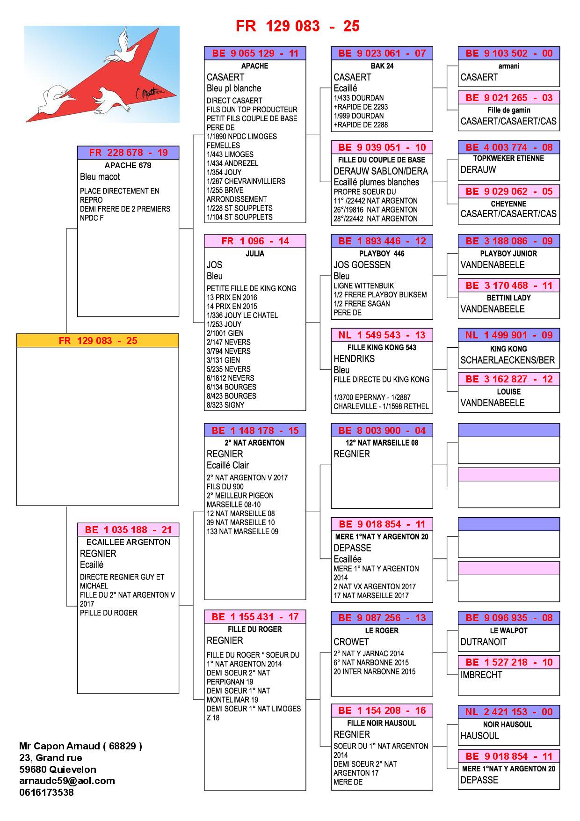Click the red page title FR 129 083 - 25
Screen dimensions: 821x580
[297, 26]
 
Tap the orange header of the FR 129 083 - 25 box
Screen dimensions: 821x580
[98, 341]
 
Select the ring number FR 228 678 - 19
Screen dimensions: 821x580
[128, 153]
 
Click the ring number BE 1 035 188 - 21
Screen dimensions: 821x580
[128, 530]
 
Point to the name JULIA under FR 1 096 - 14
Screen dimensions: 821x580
[255, 254]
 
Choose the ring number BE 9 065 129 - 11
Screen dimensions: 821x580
[255, 53]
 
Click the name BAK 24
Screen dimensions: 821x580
[382, 66]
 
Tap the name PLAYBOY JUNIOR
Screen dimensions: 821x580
[508, 254]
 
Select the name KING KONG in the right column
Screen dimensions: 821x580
[508, 349]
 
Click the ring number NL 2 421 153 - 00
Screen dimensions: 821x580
[508, 712]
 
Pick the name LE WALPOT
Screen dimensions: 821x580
[508, 630]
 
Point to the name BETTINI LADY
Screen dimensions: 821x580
[508, 298]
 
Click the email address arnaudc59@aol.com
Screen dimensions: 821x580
[67, 781]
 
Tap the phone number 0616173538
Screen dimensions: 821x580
[46, 792]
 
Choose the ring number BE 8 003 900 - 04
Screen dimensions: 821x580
[382, 431]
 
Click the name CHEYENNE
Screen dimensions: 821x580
[508, 204]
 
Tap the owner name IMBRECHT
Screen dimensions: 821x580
[481, 675]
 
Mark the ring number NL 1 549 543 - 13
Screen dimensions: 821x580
[382, 335]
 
